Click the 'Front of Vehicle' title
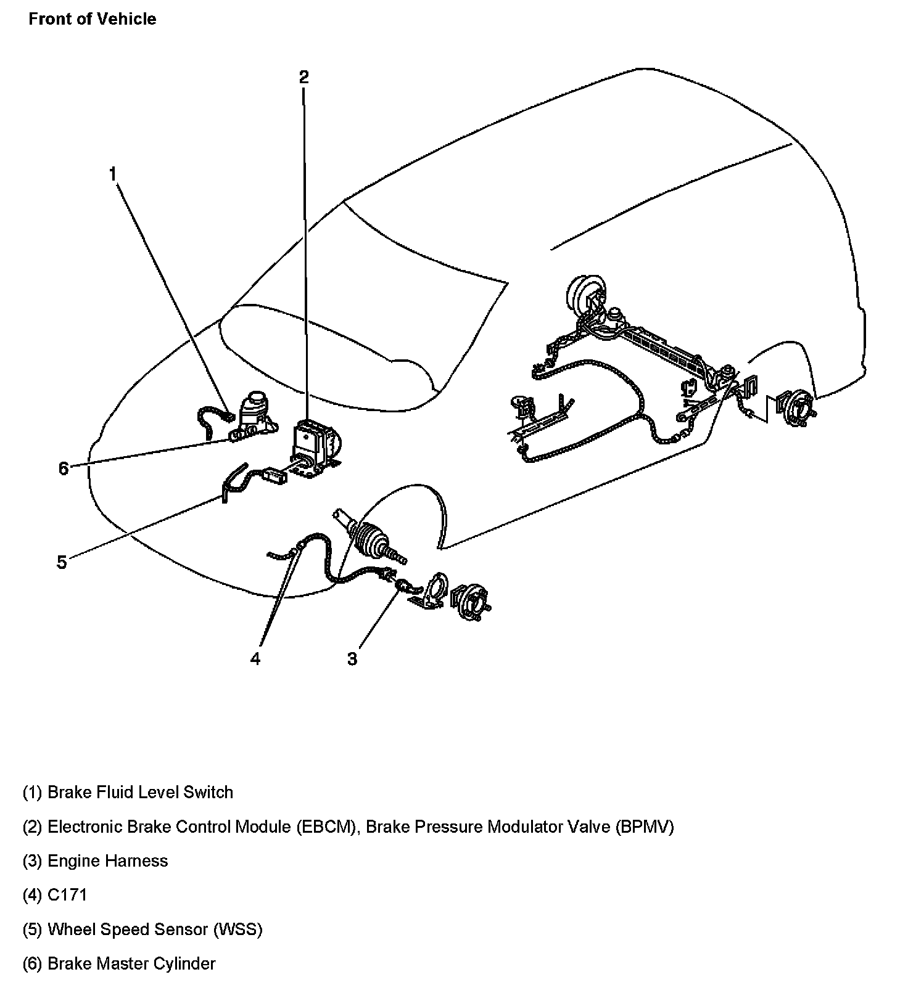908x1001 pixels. (x=93, y=19)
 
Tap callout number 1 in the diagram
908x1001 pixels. (x=113, y=175)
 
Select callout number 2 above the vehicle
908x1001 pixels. (x=303, y=77)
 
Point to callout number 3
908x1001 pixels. (x=352, y=659)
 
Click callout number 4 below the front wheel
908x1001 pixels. (x=255, y=659)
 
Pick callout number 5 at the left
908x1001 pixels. (x=62, y=562)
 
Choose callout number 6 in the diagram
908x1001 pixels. (x=64, y=469)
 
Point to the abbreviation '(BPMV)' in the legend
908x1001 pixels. (x=645, y=827)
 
